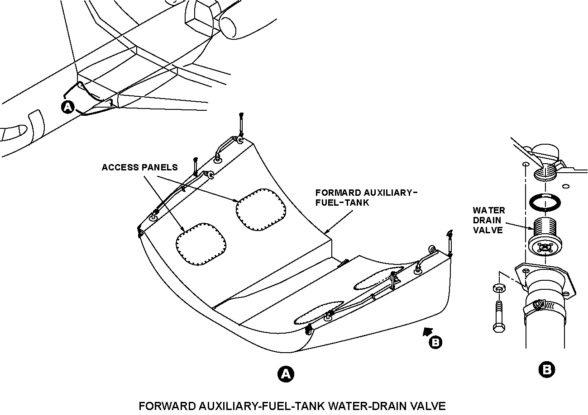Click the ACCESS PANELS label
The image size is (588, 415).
139,167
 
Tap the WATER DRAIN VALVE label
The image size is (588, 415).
488,220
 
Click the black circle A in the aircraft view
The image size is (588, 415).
67,107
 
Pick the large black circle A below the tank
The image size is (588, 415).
285,374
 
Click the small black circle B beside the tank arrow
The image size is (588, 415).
435,342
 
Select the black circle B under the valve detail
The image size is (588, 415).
547,370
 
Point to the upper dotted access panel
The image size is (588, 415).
261,209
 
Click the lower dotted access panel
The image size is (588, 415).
201,244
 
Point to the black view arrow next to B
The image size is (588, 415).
425,332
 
